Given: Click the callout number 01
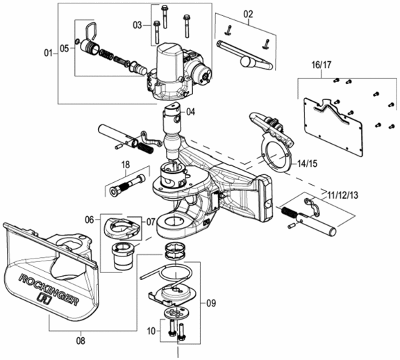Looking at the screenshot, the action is pos(48,54).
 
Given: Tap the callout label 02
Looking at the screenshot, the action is pos(248,14).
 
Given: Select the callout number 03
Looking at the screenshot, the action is pos(137,25).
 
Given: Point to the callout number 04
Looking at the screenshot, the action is pos(190,112).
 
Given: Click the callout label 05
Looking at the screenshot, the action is pos(65,48).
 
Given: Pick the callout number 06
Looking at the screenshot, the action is pos(90,220).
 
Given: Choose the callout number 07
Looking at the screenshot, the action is pos(151,222).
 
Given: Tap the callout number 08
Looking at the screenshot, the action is pos(81,341).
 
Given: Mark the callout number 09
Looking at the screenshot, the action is pos(211,303).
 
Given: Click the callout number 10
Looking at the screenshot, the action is pos(151,331).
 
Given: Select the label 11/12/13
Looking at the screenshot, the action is pos(343,195).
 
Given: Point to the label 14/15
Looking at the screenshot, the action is pos(308,163).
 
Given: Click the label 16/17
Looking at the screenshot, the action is pos(321,65).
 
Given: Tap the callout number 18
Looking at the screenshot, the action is pos(126,165).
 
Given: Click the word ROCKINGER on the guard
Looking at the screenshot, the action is pos(49,289).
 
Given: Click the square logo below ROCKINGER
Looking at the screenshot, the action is pos(45,298).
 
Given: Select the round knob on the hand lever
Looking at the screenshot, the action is pos(248,62).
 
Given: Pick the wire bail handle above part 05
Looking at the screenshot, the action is pos(90,30).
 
